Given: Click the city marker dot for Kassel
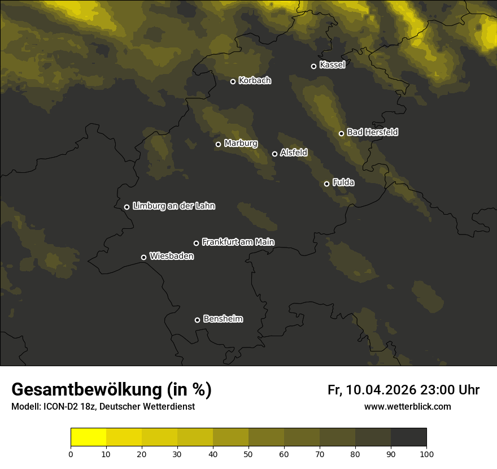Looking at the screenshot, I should pos(313,66).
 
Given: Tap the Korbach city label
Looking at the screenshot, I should pos(255,81).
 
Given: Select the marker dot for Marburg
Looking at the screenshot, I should pos(218,144).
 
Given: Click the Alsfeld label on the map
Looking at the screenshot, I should pos(294,153).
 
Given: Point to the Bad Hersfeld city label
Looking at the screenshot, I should pos(372,132).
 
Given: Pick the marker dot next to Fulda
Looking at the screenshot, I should pos(326,184).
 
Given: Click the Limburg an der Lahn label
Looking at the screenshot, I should pos(173,206).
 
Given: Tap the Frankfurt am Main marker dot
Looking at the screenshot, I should pos(197,243).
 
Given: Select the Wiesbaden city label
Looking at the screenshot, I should pos(172,257).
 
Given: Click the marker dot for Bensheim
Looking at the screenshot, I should pos(197,320).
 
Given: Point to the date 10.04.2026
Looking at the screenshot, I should pos(381,390).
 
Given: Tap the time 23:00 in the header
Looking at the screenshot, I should pos(435,390).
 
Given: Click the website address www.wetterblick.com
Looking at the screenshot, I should pos(408,406).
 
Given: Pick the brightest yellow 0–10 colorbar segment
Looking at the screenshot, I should pos(88,437).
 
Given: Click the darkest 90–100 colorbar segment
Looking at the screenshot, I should pos(408,437).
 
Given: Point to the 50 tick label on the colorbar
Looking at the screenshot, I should pos(249,454).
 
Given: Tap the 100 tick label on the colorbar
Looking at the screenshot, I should pos(426,454).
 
